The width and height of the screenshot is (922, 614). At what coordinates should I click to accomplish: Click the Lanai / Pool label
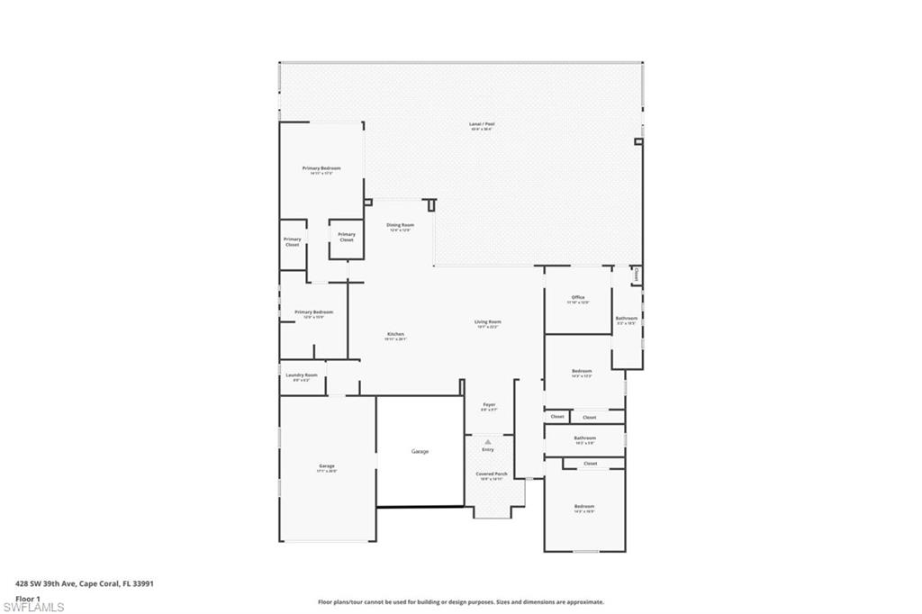click(482, 124)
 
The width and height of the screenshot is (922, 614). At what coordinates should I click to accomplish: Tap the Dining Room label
click(400, 225)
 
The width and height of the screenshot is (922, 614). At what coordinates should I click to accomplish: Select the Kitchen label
click(395, 334)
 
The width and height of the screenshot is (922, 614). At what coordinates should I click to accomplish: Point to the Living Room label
click(488, 321)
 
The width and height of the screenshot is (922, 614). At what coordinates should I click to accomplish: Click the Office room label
click(578, 297)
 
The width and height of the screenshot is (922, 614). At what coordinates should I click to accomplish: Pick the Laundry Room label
click(302, 375)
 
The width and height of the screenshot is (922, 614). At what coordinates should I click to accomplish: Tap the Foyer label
click(489, 405)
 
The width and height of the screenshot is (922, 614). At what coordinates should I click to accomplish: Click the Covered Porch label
click(492, 474)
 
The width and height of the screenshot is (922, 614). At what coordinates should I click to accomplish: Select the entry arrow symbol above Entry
click(488, 441)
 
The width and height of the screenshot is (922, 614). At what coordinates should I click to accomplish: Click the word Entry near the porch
click(488, 449)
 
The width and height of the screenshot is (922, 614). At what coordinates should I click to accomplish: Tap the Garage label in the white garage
click(420, 451)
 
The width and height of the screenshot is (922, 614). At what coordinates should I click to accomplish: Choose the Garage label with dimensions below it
click(326, 466)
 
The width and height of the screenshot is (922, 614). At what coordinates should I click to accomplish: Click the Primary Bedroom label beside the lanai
click(321, 168)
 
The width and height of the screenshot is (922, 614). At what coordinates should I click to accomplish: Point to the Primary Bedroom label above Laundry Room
click(313, 312)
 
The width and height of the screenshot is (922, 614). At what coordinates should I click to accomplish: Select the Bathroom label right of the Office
click(627, 318)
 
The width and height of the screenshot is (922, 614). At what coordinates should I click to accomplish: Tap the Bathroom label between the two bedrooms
click(585, 438)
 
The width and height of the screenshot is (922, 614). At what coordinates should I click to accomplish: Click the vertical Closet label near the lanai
click(637, 274)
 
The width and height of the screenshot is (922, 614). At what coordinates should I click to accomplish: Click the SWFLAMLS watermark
click(33, 607)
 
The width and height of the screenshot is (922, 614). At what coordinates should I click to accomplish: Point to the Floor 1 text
click(28, 597)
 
